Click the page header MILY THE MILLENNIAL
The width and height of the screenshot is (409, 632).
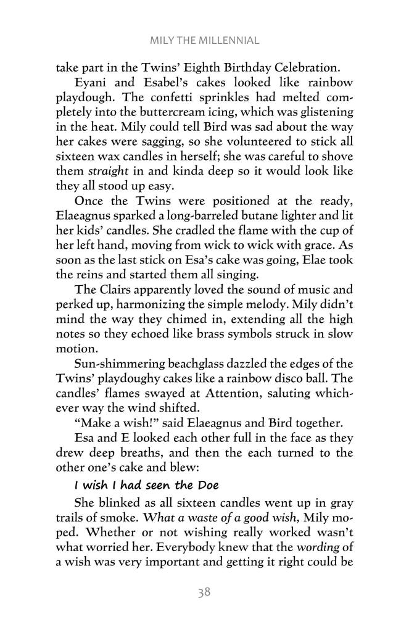click(204, 41)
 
